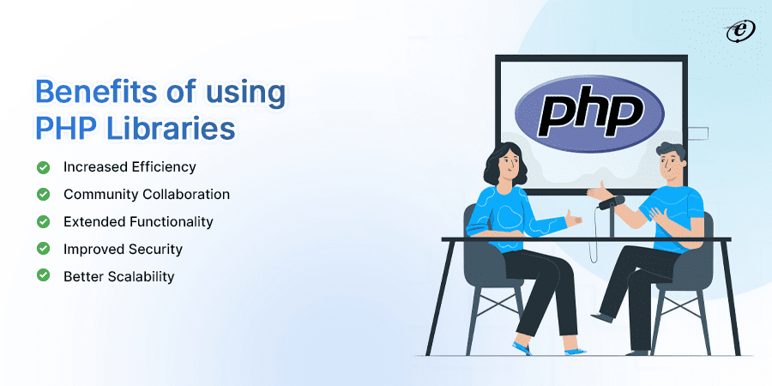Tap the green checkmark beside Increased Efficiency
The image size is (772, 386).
point(43,166)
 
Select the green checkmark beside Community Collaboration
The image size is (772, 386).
point(43,194)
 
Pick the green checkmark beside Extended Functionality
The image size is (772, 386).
point(43,221)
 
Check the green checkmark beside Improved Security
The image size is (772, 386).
point(43,249)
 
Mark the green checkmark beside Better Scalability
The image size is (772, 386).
point(43,276)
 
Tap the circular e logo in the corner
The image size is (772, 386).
point(737,30)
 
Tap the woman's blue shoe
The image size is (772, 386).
point(522,347)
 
